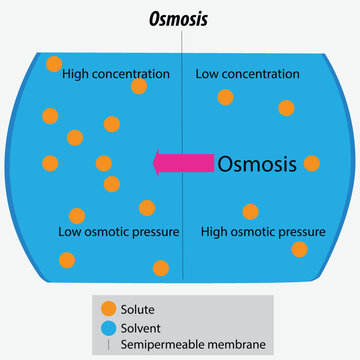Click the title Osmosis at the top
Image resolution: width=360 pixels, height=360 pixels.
pyautogui.click(x=180, y=19)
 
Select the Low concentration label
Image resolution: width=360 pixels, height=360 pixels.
pyautogui.click(x=247, y=74)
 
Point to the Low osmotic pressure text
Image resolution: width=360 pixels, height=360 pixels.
pyautogui.click(x=119, y=232)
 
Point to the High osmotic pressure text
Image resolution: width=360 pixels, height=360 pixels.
pyautogui.click(x=263, y=232)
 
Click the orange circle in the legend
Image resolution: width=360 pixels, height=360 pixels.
pyautogui.click(x=108, y=310)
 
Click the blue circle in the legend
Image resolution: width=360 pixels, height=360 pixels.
pyautogui.click(x=108, y=328)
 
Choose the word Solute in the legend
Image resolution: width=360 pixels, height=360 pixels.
pyautogui.click(x=137, y=310)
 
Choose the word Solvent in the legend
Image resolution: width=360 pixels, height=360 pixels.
pyautogui.click(x=141, y=328)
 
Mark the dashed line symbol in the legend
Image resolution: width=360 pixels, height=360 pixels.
pyautogui.click(x=108, y=345)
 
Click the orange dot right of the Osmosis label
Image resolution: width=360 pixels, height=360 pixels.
pyautogui.click(x=312, y=163)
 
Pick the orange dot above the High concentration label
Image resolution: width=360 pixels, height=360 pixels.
pyautogui.click(x=54, y=64)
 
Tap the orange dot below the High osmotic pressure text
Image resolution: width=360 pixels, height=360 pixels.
pyautogui.click(x=299, y=249)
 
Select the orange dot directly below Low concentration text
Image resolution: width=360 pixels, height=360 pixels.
pyautogui.click(x=226, y=97)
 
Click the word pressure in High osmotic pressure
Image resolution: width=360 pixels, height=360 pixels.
pyautogui.click(x=303, y=232)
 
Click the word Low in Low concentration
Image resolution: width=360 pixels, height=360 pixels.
pyautogui.click(x=207, y=74)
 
